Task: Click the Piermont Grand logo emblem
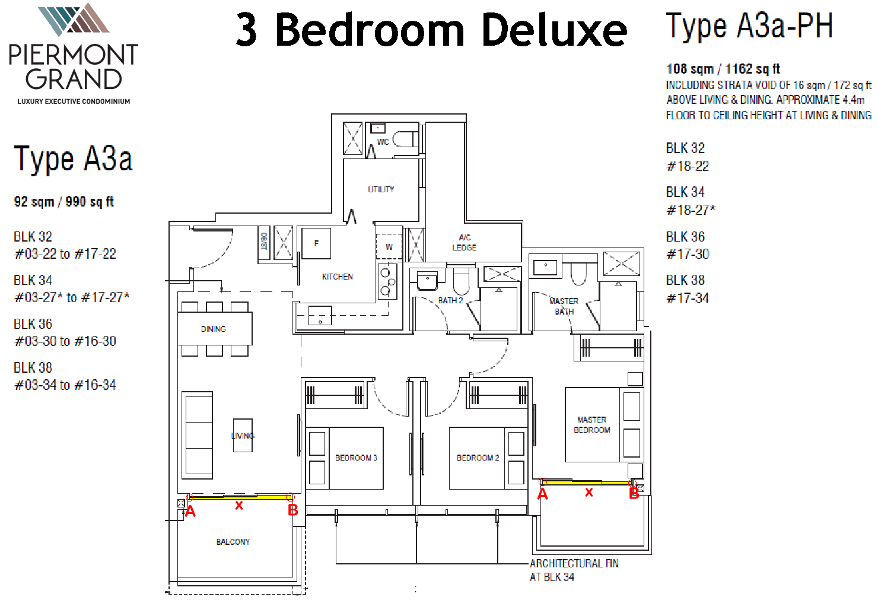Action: point(74,19)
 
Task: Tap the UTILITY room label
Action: point(381,189)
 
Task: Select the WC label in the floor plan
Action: point(383,141)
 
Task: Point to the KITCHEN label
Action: point(337,277)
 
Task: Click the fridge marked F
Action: point(316,243)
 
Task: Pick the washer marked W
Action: point(389,247)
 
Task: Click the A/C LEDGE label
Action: point(464,242)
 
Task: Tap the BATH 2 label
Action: point(450,300)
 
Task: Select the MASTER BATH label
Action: point(564,306)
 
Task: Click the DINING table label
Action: point(213,329)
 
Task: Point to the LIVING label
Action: point(243,436)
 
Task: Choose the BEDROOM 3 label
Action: point(356,458)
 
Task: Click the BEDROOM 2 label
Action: point(478,458)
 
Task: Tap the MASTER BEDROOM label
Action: point(592,424)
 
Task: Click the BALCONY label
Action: point(233,542)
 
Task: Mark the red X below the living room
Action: point(238,506)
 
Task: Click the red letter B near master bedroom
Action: point(634,494)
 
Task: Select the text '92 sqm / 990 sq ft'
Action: point(64,202)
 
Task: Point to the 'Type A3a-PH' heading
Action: point(749,26)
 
